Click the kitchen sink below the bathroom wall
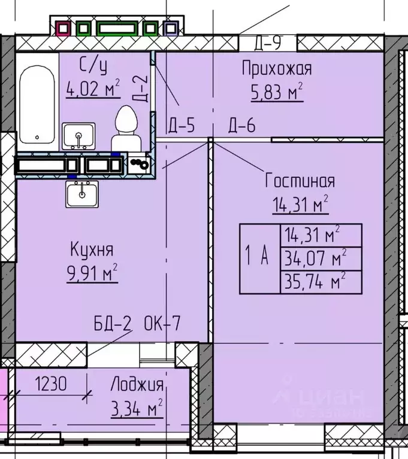82,194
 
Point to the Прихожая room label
276,68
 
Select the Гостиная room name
300,181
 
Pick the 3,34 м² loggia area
137,410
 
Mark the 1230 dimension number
50,384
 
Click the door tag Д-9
267,43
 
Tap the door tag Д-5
182,126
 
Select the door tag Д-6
241,126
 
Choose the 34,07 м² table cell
321,259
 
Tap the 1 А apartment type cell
259,259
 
